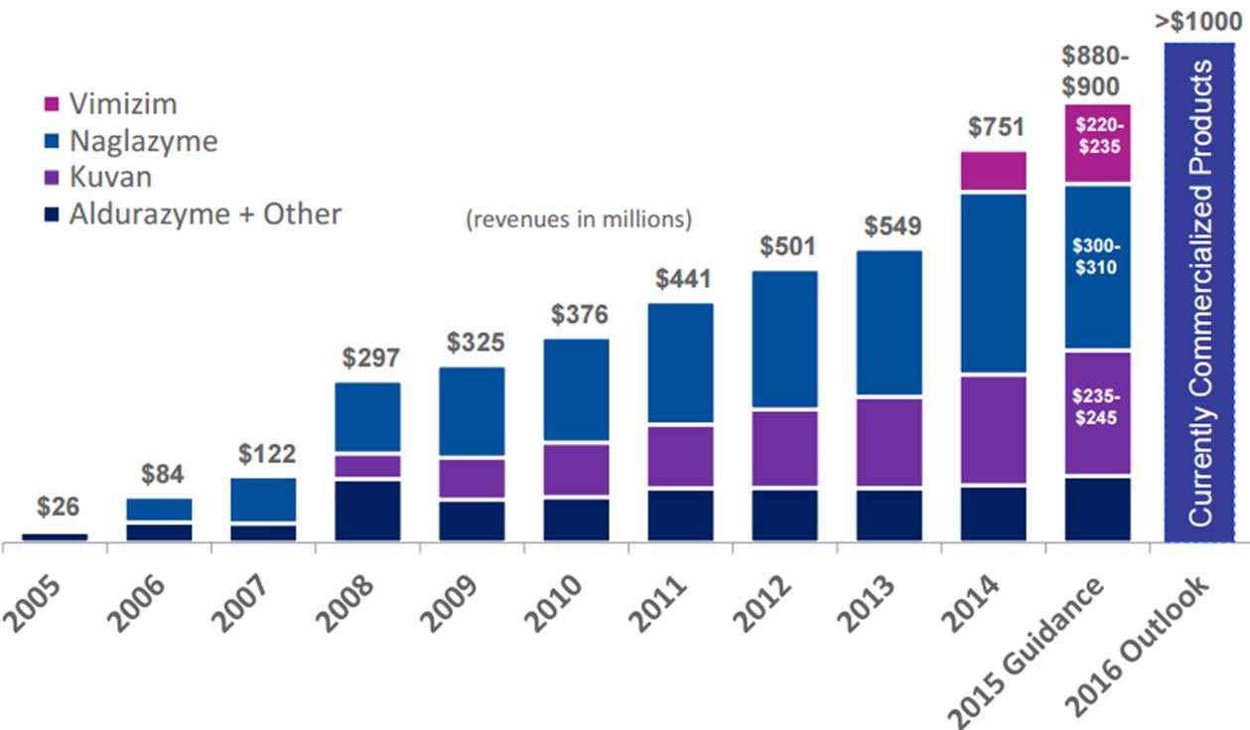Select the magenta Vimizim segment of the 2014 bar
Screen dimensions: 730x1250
click(993, 171)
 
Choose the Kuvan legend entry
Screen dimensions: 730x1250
click(110, 177)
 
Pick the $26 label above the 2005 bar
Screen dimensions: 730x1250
click(56, 507)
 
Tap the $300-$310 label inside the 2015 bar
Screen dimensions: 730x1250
click(1096, 256)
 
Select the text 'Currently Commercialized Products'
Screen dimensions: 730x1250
click(1200, 294)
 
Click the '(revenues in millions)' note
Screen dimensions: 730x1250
click(579, 219)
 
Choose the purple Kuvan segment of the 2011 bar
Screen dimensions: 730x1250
click(680, 456)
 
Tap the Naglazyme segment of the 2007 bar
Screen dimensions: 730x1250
click(263, 500)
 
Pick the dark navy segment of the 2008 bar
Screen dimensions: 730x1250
click(367, 511)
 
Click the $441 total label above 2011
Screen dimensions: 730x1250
click(683, 279)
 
